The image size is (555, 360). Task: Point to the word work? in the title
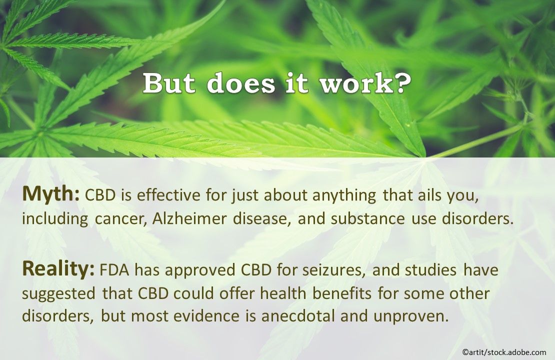(367, 84)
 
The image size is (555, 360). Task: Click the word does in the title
(241, 84)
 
